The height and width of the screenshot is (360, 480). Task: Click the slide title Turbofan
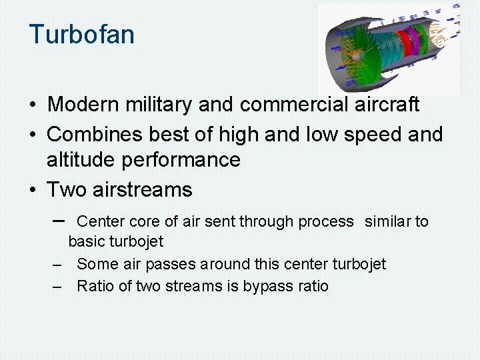click(81, 34)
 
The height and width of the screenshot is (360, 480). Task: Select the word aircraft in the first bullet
click(387, 105)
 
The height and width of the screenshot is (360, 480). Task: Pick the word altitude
click(79, 160)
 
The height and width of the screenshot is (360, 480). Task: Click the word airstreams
click(142, 190)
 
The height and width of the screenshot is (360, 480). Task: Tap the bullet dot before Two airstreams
click(33, 191)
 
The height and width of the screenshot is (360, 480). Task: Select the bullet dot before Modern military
click(33, 105)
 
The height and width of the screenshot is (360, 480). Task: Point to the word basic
click(87, 241)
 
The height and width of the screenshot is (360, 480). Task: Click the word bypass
click(265, 287)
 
